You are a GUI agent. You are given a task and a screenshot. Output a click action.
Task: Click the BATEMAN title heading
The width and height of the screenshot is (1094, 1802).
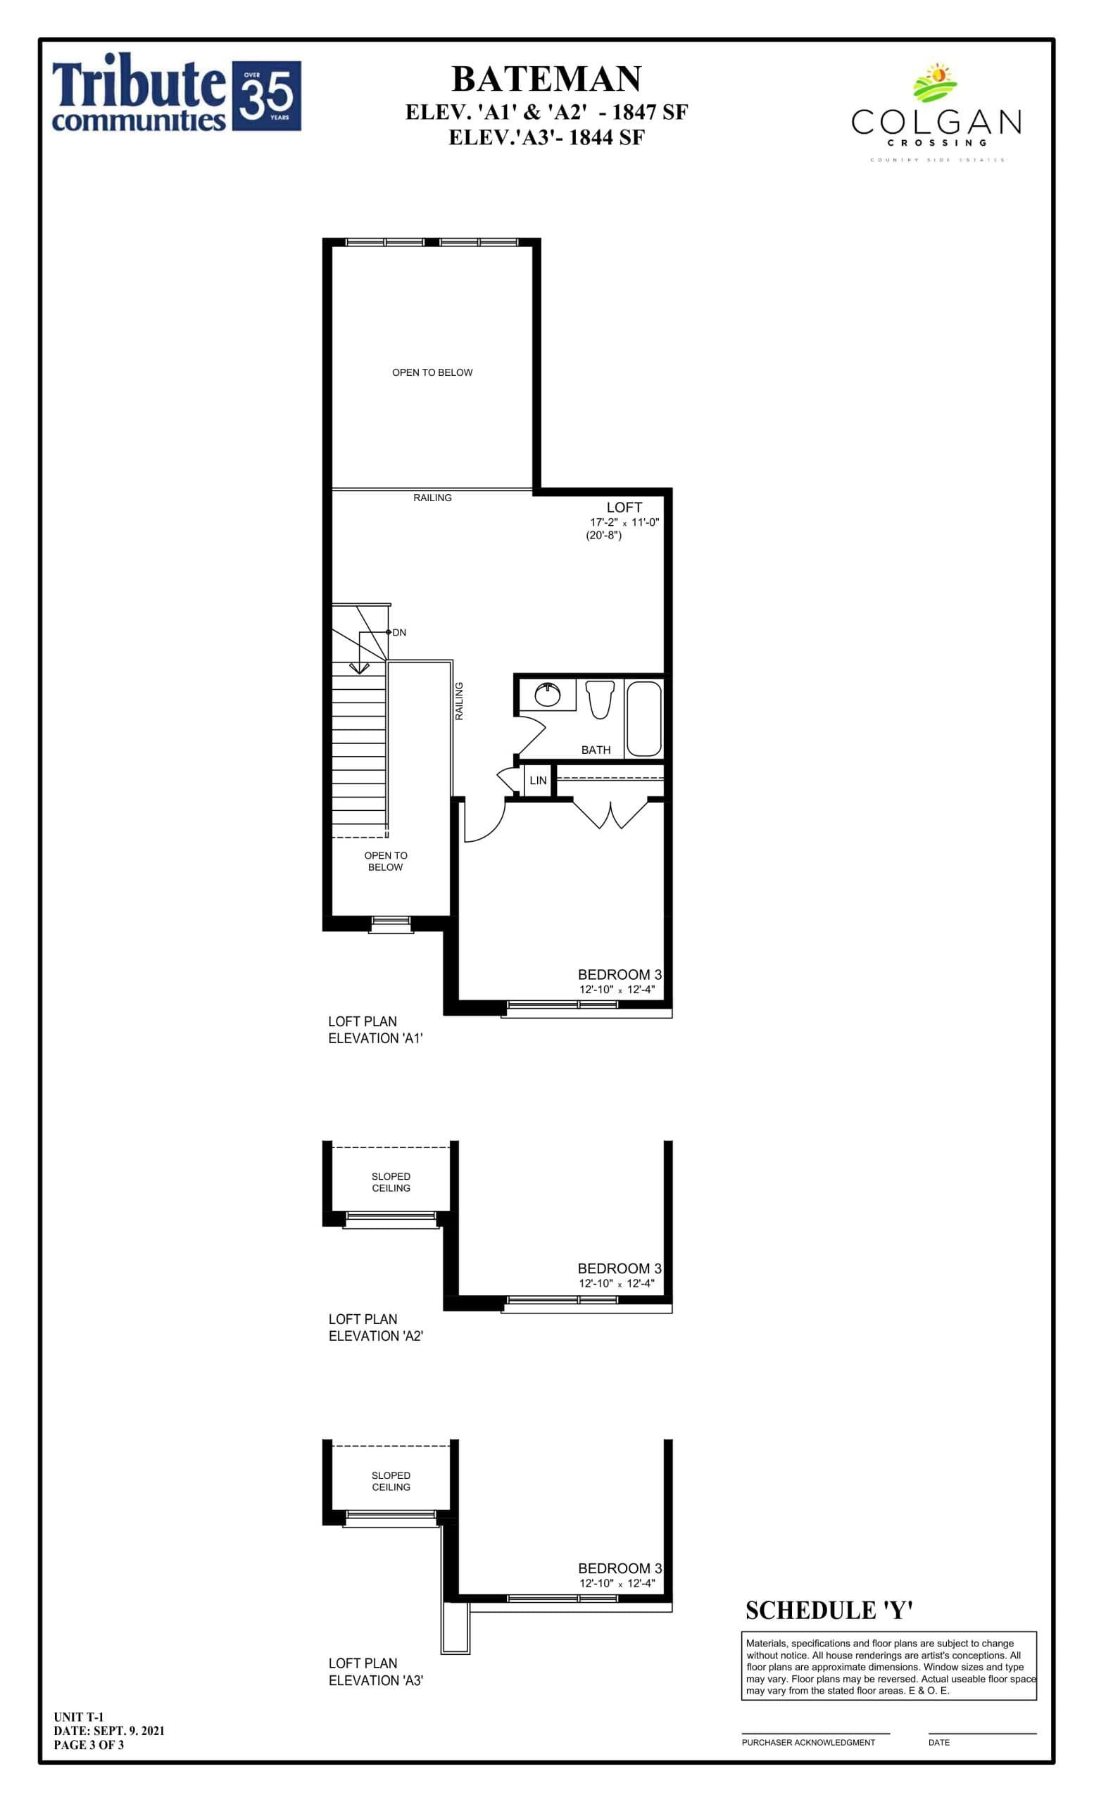point(546,79)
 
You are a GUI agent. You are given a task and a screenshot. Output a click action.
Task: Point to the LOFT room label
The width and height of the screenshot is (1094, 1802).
point(624,507)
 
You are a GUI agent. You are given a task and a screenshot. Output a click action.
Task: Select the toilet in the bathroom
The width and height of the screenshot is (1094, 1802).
point(600,698)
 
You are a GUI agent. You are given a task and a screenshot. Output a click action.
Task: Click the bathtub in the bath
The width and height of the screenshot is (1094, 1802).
point(643,718)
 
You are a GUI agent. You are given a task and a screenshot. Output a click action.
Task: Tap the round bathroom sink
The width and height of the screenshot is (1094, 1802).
point(547,694)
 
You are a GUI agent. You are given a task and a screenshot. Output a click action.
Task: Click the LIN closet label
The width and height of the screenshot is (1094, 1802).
point(537,781)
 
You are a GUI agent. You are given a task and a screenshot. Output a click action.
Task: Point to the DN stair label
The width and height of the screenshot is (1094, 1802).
point(398,632)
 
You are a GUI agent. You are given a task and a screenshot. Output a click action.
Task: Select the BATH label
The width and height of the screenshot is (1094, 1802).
point(596,750)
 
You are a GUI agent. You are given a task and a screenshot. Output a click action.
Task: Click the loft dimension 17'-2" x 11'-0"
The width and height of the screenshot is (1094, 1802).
point(624,522)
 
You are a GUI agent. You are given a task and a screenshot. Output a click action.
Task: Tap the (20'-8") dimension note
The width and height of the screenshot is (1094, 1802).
point(603,536)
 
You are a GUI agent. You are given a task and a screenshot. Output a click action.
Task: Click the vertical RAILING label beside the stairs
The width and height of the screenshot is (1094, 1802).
point(459,700)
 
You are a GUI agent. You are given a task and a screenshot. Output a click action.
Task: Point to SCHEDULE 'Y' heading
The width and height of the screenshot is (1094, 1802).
point(829,1610)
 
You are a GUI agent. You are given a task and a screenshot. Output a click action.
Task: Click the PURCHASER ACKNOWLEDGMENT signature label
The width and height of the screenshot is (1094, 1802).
point(807,1741)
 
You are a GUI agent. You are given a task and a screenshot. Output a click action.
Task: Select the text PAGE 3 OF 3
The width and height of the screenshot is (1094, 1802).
point(89,1744)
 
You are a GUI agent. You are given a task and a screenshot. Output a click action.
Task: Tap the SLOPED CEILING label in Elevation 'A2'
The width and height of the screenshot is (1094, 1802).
point(391,1182)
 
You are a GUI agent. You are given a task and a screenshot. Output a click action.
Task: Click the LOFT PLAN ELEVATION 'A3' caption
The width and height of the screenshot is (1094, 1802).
point(375,1671)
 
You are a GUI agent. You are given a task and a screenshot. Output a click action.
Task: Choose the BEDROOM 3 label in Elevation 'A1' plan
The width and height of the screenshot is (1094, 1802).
point(619,974)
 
